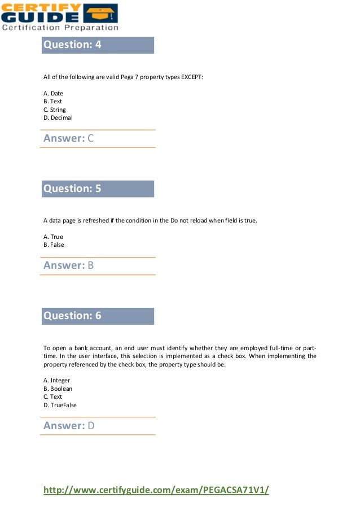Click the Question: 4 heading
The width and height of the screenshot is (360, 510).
pos(72,45)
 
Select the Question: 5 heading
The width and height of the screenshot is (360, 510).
pos(72,189)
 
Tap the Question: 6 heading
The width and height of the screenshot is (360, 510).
pos(72,316)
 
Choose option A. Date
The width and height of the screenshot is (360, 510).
pos(54,93)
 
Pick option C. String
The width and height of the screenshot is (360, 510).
pos(55,110)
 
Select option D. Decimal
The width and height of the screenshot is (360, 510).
pos(58,118)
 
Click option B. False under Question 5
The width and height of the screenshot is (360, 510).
pos(54,245)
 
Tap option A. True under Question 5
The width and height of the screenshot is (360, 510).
pos(54,237)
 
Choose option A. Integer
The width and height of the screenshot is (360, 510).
pos(57,381)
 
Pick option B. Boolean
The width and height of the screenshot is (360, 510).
pos(58,389)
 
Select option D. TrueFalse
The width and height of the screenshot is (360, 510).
pos(60,405)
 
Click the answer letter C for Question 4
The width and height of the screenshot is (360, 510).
pos(91,138)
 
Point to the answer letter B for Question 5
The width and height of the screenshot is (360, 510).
pos(91,265)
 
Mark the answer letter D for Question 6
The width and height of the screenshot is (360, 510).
pos(91,426)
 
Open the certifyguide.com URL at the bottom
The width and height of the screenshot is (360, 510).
pos(156,490)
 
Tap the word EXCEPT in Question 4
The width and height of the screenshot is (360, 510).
pos(192,77)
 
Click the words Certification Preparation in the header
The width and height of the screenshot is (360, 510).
pos(60,27)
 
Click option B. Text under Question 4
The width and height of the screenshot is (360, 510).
pos(53,102)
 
